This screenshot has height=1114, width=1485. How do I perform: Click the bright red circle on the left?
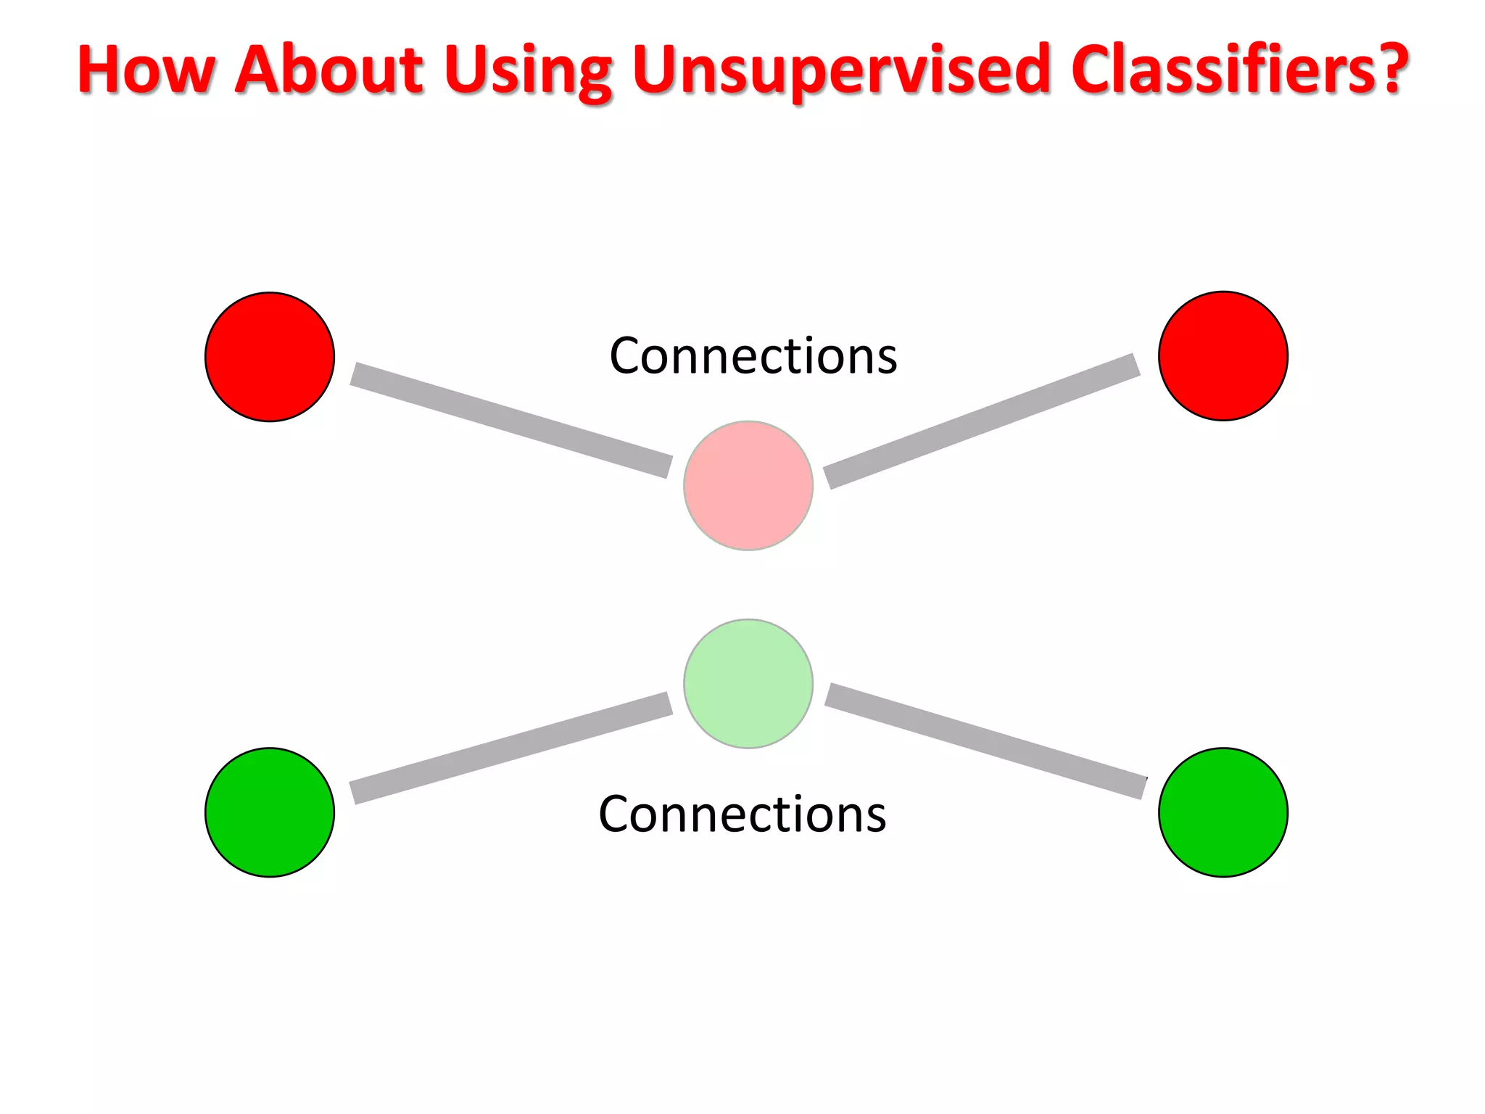270,357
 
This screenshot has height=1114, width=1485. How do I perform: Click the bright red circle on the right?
1223,356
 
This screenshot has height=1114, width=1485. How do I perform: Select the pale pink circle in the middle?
748,485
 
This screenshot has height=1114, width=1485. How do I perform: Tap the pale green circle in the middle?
748,683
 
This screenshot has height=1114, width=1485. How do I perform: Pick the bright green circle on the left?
270,812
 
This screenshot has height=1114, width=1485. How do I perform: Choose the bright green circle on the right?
1223,812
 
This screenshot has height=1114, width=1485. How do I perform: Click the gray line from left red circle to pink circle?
510,420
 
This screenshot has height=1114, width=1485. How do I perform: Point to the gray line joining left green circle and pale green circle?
510,748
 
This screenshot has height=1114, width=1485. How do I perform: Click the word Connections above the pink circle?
753,356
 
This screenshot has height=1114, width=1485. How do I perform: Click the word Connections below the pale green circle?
742,814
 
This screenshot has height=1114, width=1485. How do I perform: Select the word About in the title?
330,70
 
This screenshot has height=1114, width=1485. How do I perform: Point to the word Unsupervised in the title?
840,71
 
